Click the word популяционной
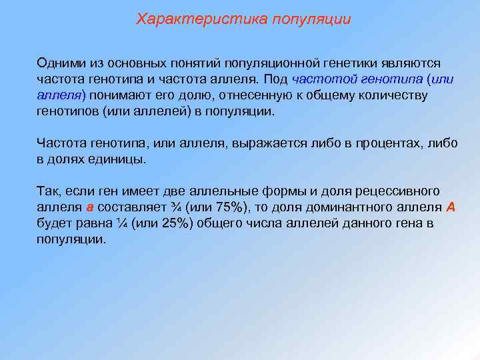[266, 63]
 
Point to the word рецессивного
[398, 191]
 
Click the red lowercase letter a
[89, 207]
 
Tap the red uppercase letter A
[451, 207]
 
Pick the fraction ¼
[121, 223]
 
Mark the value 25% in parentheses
[175, 223]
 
